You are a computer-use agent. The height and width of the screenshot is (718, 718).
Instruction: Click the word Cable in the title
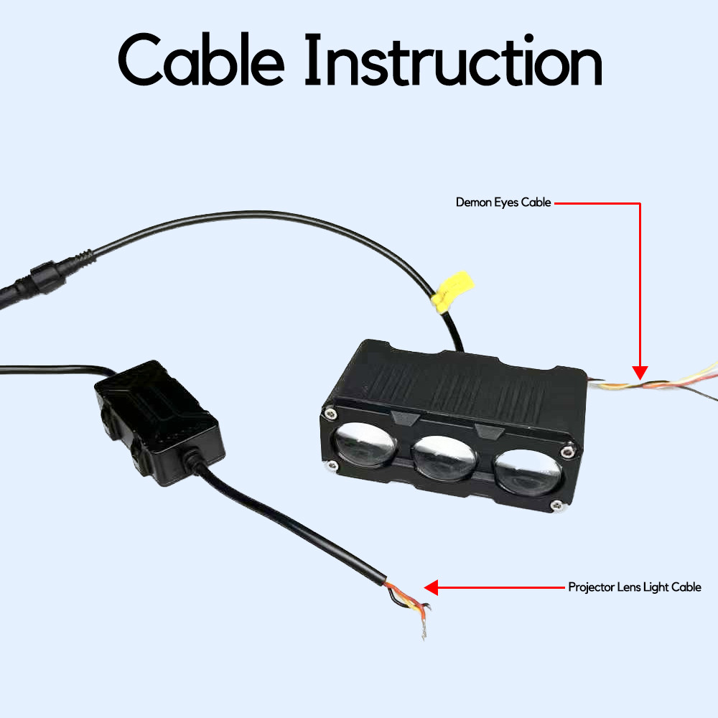click(x=201, y=59)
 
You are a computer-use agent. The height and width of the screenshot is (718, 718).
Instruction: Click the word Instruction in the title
click(x=453, y=60)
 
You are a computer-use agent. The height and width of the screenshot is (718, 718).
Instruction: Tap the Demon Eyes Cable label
click(x=503, y=202)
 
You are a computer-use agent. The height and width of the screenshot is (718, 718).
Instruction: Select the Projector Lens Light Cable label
click(x=635, y=587)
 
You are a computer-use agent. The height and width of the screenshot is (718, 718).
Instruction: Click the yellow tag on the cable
click(x=452, y=292)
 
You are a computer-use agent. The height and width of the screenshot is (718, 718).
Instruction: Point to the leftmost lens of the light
click(x=364, y=444)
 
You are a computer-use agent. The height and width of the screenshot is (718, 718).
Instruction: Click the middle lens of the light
click(x=444, y=458)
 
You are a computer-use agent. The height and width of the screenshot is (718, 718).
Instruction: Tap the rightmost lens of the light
click(x=528, y=472)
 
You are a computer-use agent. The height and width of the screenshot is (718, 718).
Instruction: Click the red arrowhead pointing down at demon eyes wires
click(x=640, y=372)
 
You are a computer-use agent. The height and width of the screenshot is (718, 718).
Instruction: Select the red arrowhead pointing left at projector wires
click(x=431, y=587)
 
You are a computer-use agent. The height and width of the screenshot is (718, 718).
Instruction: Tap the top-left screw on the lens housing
click(x=330, y=414)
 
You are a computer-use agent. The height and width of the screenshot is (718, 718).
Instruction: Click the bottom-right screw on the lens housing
click(x=556, y=505)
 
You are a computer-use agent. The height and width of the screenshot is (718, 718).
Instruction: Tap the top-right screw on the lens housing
click(x=567, y=452)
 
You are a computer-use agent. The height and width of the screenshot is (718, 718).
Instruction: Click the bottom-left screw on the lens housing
click(x=332, y=466)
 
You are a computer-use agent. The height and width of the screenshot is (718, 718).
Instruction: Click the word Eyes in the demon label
click(x=506, y=203)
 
